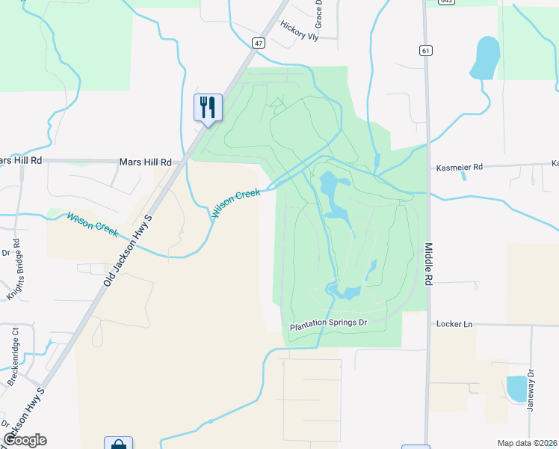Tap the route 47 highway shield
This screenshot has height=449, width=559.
(x=259, y=43)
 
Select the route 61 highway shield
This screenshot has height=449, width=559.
(x=424, y=50)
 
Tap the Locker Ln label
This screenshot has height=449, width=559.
(x=454, y=324)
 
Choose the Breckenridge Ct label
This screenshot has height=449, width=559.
(x=13, y=355)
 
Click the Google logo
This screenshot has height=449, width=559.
(x=25, y=440)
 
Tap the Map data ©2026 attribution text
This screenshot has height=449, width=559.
(x=527, y=443)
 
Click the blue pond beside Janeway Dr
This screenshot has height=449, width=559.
(x=516, y=388)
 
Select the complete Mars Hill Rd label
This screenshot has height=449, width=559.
(x=145, y=162)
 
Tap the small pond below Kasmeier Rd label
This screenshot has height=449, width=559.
(x=464, y=177)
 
